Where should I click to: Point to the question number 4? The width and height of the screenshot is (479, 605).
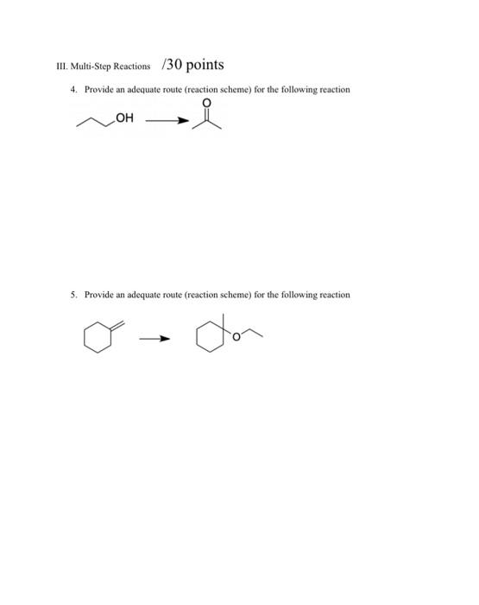coord(72,90)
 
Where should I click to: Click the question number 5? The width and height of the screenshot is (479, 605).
coord(72,295)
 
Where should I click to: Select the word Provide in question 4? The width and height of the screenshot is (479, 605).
coord(98,90)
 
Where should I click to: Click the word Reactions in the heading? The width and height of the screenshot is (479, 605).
coord(129,67)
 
